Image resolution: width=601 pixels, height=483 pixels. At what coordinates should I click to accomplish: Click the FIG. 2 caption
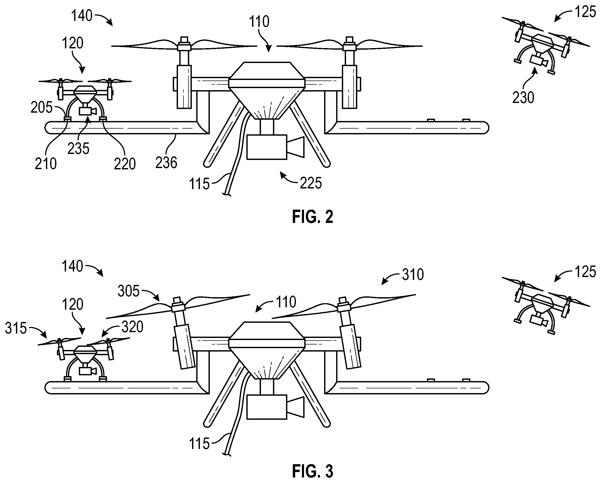point(312,217)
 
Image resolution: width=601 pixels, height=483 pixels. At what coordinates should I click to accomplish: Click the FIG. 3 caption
point(312,471)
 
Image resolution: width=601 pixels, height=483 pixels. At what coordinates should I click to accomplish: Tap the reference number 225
point(311,183)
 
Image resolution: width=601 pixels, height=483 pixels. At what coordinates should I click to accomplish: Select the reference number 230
point(523,98)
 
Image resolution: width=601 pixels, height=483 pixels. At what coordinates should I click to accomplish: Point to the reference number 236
point(166,163)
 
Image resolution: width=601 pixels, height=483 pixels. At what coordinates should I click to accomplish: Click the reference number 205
point(41,107)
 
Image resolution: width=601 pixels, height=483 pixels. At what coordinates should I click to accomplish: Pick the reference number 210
point(45,164)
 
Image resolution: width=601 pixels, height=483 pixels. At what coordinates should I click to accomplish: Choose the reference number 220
point(124,164)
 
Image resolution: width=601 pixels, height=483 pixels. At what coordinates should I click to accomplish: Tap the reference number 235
point(78,148)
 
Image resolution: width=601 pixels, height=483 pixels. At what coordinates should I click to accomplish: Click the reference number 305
point(128,291)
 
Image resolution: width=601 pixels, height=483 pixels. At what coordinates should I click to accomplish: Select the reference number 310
point(413,274)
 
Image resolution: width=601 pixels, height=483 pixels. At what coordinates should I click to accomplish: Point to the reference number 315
point(16,328)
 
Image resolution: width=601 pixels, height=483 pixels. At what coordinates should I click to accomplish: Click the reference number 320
point(132,326)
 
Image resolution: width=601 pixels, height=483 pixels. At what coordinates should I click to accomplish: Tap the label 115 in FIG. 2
point(199,184)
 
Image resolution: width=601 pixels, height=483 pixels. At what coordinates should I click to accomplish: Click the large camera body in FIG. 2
point(267,147)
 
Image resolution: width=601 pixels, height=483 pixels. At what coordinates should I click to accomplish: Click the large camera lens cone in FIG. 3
point(296,407)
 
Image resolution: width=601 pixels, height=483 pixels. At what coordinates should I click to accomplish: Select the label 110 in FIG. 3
point(286,302)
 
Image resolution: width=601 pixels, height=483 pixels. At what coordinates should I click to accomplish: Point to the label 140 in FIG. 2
point(81,16)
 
